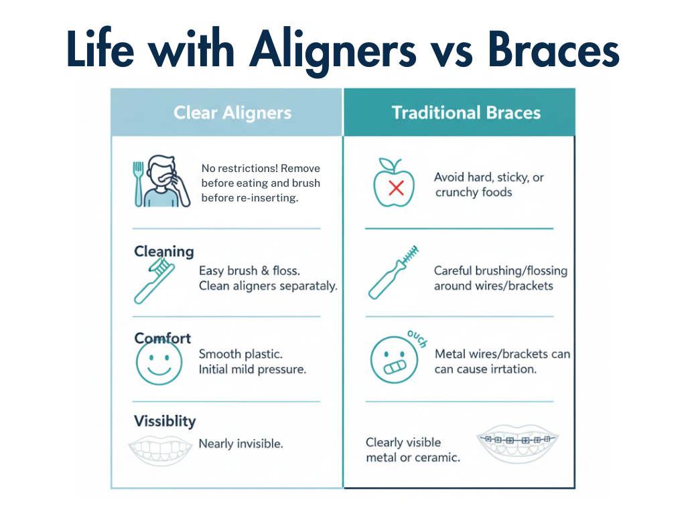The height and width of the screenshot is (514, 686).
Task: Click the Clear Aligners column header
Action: coord(232,112)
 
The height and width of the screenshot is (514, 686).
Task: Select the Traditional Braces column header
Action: coord(466,112)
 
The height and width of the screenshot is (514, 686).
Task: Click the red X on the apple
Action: coord(396,188)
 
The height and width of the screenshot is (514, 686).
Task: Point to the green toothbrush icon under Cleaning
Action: coord(154,281)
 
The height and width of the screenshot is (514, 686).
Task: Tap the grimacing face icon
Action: coord(390,361)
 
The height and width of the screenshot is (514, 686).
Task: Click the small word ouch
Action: coord(416,338)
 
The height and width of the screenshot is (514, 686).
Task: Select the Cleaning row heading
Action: coord(164,252)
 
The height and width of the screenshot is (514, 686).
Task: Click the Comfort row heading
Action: coord(163,338)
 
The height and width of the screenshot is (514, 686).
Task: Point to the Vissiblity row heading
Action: coord(165,421)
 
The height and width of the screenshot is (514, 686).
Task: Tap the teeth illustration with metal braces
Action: coord(517,446)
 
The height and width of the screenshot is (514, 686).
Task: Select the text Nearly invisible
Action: coord(241,444)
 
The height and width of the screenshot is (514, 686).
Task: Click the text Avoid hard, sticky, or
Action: coord(488,177)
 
